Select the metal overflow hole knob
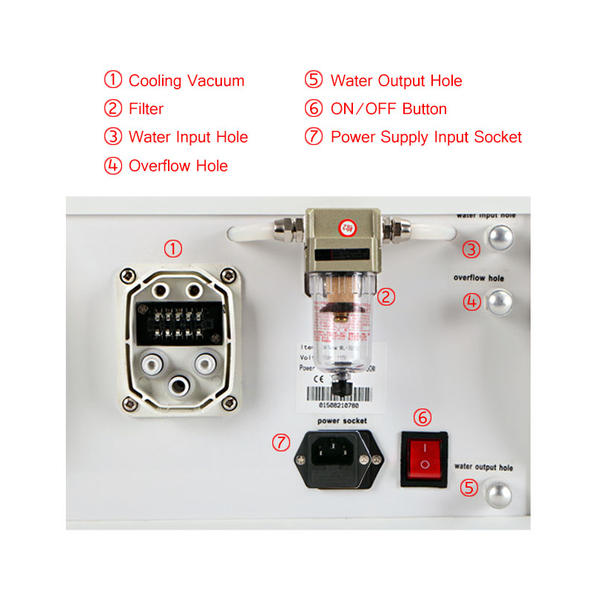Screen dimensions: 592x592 pyautogui.click(x=501, y=300)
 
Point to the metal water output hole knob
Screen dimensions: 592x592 pyautogui.click(x=496, y=494)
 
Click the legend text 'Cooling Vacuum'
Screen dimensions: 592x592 pyautogui.click(x=186, y=81)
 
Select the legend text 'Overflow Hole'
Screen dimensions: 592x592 pyautogui.click(x=178, y=166)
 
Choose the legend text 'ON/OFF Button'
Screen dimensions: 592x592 pyautogui.click(x=388, y=109)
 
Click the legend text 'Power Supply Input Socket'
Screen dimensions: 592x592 pyautogui.click(x=425, y=137)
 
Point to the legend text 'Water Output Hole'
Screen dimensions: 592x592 pyautogui.click(x=396, y=81)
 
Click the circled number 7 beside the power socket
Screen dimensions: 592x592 pyautogui.click(x=280, y=443)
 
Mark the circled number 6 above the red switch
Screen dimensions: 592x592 pyautogui.click(x=423, y=417)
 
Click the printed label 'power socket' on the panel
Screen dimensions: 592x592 pyautogui.click(x=342, y=420)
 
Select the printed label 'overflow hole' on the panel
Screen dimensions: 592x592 pyautogui.click(x=479, y=278)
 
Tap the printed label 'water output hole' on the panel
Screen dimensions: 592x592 pyautogui.click(x=483, y=468)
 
